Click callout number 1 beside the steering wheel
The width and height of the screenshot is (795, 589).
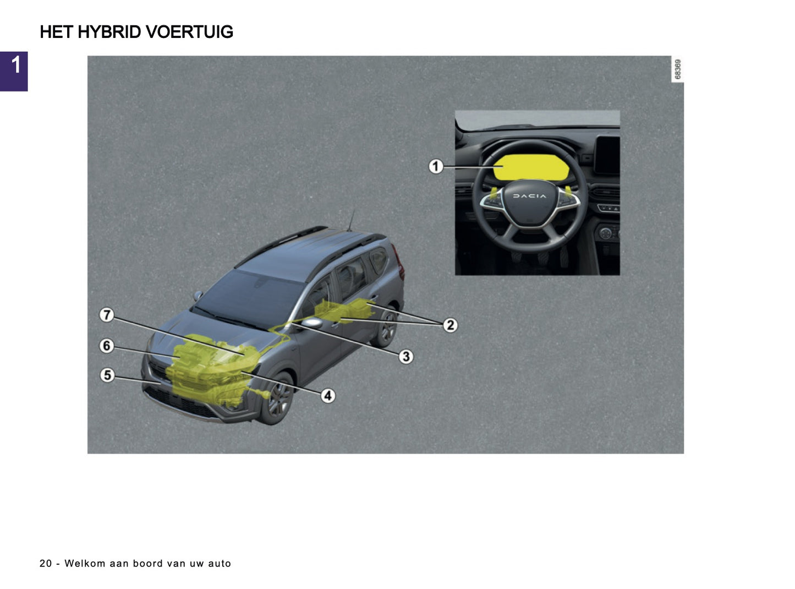coord(436,166)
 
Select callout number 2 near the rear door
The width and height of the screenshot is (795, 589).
coord(450,325)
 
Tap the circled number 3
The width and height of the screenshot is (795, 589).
coord(406,357)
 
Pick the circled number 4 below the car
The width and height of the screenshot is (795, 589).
coord(328,395)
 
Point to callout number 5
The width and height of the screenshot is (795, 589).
coord(107,375)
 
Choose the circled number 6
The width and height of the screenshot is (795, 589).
coord(107,346)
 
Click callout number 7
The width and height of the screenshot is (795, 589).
coord(107,315)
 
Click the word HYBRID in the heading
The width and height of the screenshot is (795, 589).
coord(109,32)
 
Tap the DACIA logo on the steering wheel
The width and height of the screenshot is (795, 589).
coord(530,196)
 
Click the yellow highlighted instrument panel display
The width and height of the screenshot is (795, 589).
coord(531,167)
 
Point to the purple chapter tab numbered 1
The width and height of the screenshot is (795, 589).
coord(14,71)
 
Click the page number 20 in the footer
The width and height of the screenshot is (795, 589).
coord(46,563)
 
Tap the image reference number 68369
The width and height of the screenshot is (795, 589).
coord(677,69)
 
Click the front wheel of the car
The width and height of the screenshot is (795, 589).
coord(278,399)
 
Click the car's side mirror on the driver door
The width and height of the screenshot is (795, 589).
coord(312,323)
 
